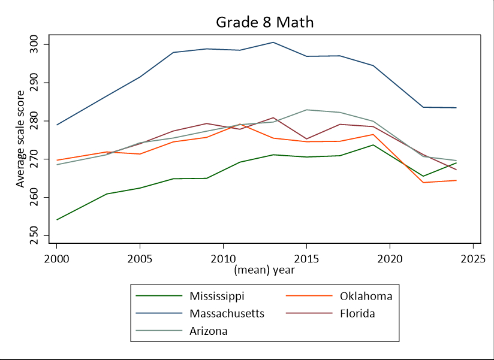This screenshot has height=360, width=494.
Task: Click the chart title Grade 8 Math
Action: pyautogui.click(x=265, y=22)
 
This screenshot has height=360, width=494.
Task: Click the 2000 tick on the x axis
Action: pyautogui.click(x=57, y=259)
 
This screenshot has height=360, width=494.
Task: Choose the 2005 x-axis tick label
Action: pyautogui.click(x=140, y=259)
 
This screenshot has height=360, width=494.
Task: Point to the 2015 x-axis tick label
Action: pyautogui.click(x=306, y=259)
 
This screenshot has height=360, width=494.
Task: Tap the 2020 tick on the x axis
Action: pyautogui.click(x=390, y=259)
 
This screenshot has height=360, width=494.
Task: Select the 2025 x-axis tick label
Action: pyautogui.click(x=472, y=259)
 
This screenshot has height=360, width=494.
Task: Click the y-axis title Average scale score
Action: pyautogui.click(x=20, y=139)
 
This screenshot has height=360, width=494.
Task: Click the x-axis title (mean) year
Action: pyautogui.click(x=264, y=270)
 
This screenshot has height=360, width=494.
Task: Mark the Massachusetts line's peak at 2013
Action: pyautogui.click(x=273, y=43)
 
